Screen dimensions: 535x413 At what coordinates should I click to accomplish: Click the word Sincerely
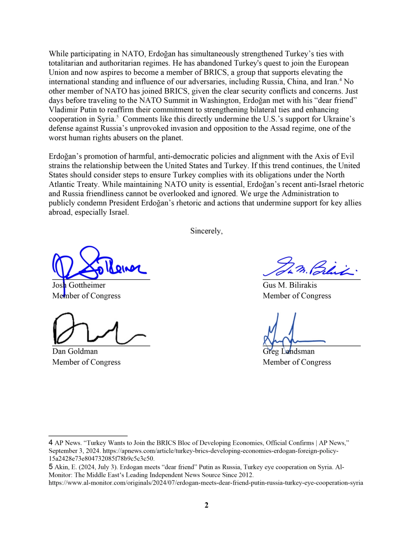click(x=206, y=231)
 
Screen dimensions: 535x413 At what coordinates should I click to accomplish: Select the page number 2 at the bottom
click(x=206, y=505)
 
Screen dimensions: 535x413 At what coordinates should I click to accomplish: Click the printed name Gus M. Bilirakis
click(x=290, y=285)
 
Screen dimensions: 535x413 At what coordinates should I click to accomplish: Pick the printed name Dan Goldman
click(x=75, y=351)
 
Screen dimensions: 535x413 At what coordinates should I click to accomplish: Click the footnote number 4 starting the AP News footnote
click(x=51, y=443)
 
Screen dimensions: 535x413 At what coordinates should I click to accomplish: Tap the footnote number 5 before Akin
click(x=51, y=467)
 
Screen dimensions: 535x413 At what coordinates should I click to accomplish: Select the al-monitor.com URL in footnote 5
click(x=206, y=483)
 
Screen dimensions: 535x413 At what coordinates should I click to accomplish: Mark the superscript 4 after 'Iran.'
click(x=340, y=80)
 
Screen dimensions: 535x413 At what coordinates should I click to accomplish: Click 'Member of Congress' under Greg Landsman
click(x=297, y=362)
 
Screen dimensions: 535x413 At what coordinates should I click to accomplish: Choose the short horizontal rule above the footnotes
click(x=88, y=436)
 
